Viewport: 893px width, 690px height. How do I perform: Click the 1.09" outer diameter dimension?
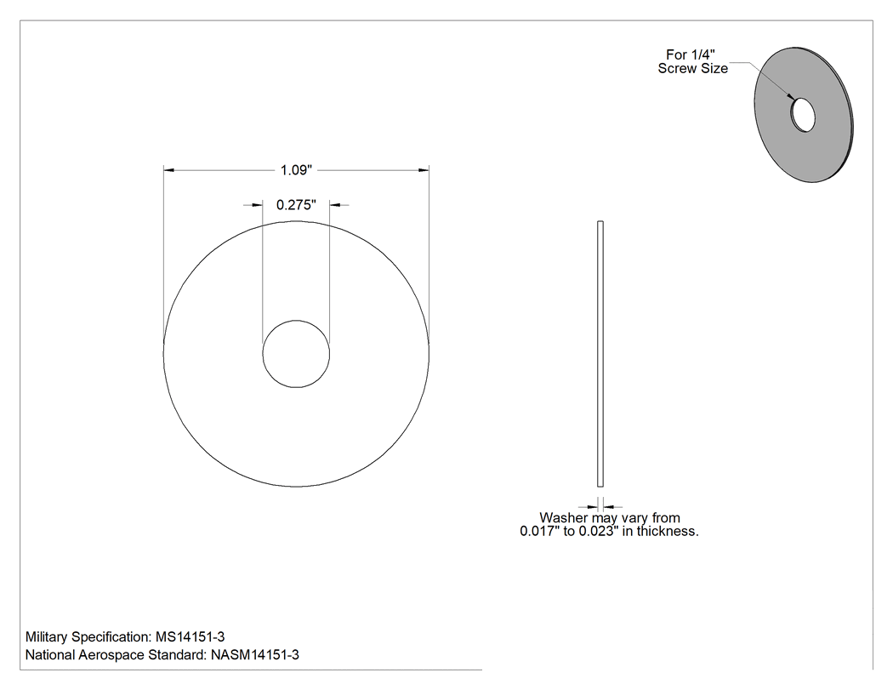pyautogui.click(x=296, y=170)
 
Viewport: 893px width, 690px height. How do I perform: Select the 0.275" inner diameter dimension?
pyautogui.click(x=296, y=204)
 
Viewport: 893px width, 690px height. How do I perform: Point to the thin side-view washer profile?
pyautogui.click(x=600, y=354)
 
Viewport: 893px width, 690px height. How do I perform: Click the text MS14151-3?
pyautogui.click(x=191, y=637)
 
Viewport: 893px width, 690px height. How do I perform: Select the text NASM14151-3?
pyautogui.click(x=254, y=654)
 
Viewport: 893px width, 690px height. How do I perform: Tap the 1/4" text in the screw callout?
pyautogui.click(x=702, y=54)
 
